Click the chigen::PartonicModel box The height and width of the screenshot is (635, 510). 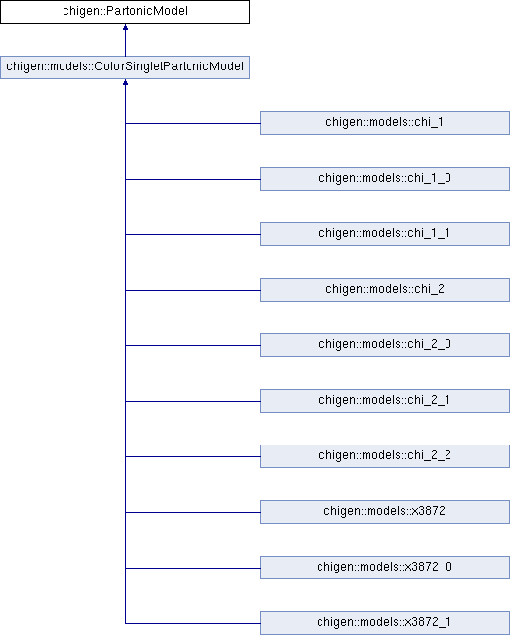point(125,12)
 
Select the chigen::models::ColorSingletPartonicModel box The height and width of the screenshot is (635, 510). point(125,67)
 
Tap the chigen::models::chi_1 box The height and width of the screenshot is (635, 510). point(385,123)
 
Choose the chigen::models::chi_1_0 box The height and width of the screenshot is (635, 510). point(385,179)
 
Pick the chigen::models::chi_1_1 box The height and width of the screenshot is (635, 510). point(385,234)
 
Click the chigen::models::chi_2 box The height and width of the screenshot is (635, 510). point(385,290)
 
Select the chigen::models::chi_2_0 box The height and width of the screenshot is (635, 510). point(385,345)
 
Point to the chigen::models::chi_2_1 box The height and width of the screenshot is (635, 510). point(385,401)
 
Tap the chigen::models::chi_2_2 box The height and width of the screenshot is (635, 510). point(385,456)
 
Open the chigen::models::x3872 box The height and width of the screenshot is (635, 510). point(385,512)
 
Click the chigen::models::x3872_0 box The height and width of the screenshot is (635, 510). point(385,567)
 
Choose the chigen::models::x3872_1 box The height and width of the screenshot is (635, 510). point(385,623)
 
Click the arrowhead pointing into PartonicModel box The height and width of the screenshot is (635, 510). point(126,27)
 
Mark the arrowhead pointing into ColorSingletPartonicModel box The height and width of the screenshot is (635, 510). point(126,82)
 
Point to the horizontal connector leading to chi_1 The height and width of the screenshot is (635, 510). point(192,123)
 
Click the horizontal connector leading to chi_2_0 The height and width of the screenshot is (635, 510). point(192,346)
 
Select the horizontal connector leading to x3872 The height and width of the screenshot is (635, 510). point(192,512)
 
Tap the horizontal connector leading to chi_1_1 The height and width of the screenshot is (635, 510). point(192,234)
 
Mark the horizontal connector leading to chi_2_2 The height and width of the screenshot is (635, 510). point(192,456)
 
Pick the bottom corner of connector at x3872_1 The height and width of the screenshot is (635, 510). point(126,623)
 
